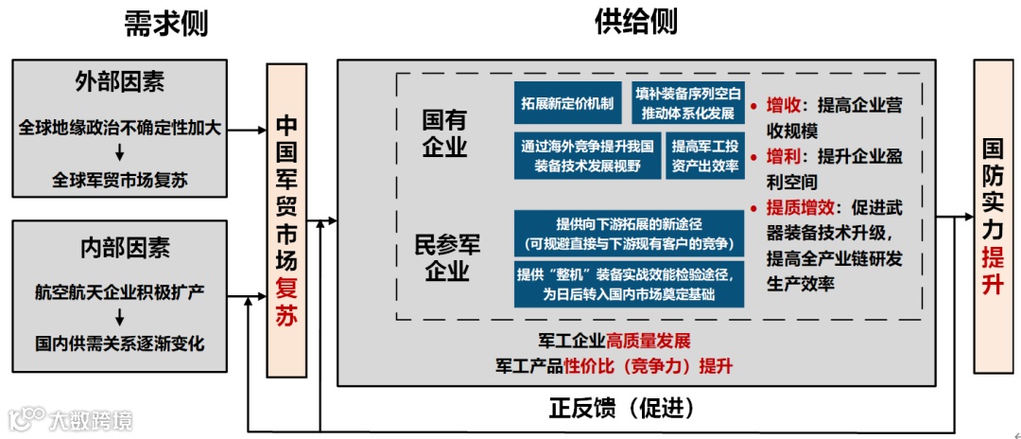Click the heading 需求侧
pyautogui.click(x=165, y=25)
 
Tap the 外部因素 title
pyautogui.click(x=120, y=82)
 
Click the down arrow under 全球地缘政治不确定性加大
pyautogui.click(x=120, y=153)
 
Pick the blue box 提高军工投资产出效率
pyautogui.click(x=704, y=156)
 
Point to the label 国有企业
pyautogui.click(x=444, y=132)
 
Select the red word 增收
pyautogui.click(x=784, y=105)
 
